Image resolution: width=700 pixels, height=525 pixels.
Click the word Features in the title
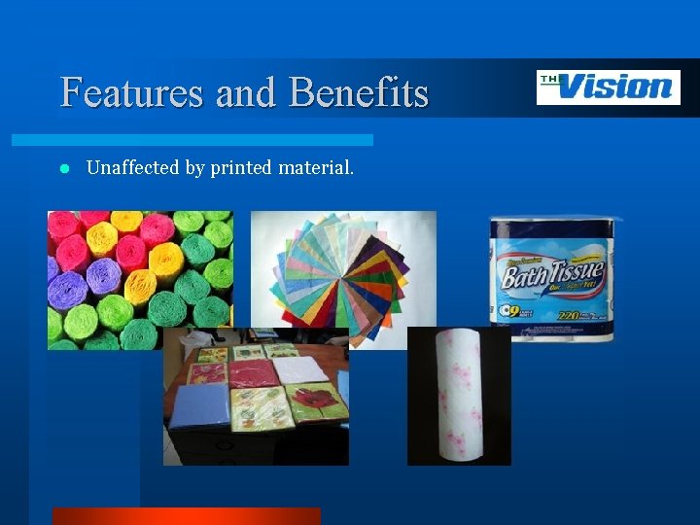click(x=131, y=92)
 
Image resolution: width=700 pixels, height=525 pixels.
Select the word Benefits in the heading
click(x=359, y=92)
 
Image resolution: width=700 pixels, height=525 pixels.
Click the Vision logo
click(x=608, y=87)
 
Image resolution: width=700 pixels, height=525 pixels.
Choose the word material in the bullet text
click(x=316, y=168)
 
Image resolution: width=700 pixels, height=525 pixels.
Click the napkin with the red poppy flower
click(x=317, y=402)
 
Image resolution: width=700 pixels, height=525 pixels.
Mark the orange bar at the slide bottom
click(x=186, y=516)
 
